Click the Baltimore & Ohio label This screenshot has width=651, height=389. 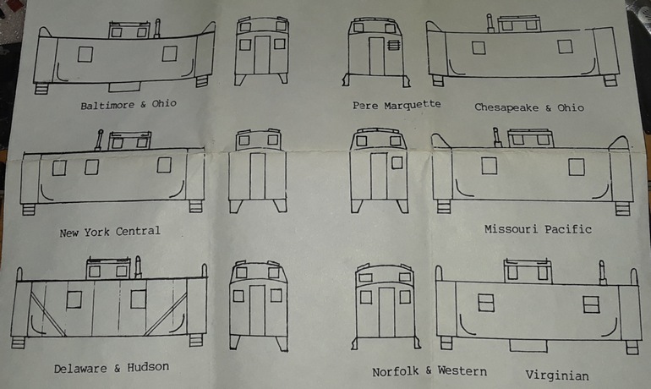[129, 105]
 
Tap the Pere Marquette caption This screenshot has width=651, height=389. [397, 105]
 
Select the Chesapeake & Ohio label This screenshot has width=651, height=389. [529, 107]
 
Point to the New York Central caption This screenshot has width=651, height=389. [110, 231]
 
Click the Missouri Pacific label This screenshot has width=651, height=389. [538, 229]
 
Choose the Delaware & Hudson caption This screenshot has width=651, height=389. [111, 368]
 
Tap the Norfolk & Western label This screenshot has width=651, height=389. [429, 371]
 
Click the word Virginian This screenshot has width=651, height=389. [556, 375]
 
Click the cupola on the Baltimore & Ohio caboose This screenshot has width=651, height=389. [128, 30]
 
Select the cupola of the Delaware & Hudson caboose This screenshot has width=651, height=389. [107, 269]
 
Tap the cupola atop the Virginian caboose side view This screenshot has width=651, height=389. [527, 271]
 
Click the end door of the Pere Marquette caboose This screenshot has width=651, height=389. [376, 55]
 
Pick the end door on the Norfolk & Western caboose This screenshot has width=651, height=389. [386, 312]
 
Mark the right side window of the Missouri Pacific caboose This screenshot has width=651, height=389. [576, 167]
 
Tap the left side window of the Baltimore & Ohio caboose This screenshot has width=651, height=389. [85, 54]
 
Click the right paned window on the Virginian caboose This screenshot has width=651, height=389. [590, 304]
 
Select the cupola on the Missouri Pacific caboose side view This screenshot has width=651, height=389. [530, 138]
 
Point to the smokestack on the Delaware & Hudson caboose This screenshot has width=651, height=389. [138, 266]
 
